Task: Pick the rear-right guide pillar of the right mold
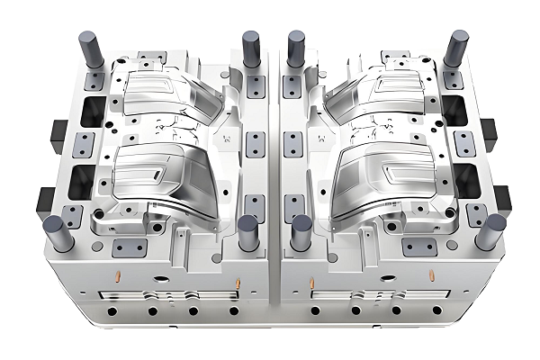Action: pos(455,50)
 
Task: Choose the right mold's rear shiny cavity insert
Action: pos(380,94)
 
